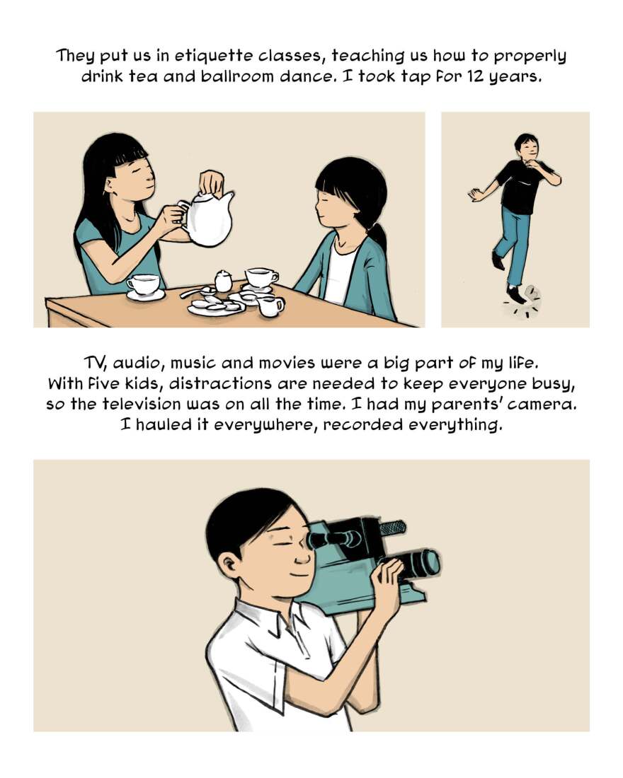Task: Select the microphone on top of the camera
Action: (x=392, y=527)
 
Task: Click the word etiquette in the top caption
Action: (x=212, y=56)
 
